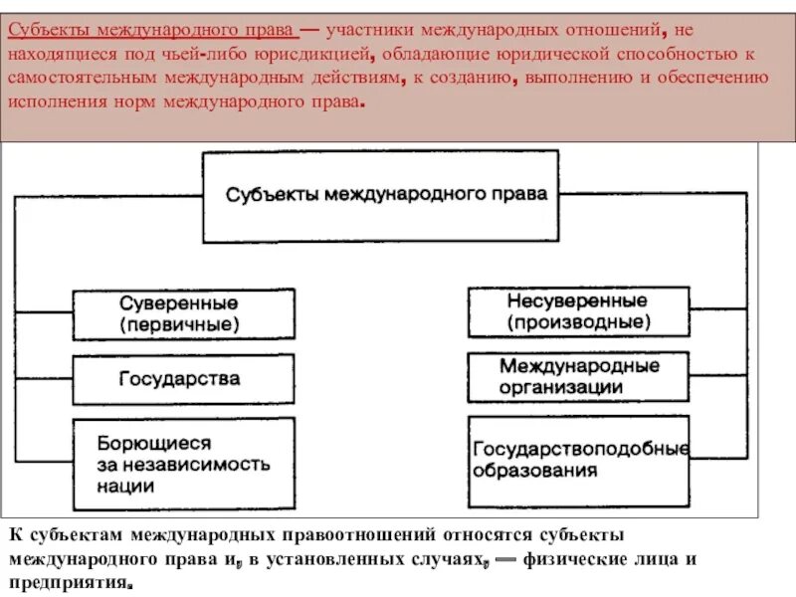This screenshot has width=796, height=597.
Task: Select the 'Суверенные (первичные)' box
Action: (184, 313)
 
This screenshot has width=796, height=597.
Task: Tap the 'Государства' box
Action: (184, 378)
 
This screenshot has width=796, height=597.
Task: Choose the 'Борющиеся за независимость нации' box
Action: (184, 464)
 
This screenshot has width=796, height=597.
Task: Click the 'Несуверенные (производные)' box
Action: (578, 311)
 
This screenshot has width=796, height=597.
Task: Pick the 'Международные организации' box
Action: (578, 376)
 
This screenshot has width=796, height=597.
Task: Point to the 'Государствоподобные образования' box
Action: (578, 459)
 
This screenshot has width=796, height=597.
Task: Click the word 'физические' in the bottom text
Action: (573, 560)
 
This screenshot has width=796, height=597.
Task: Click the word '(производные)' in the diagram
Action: (578, 322)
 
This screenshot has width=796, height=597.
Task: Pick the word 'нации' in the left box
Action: (125, 487)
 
